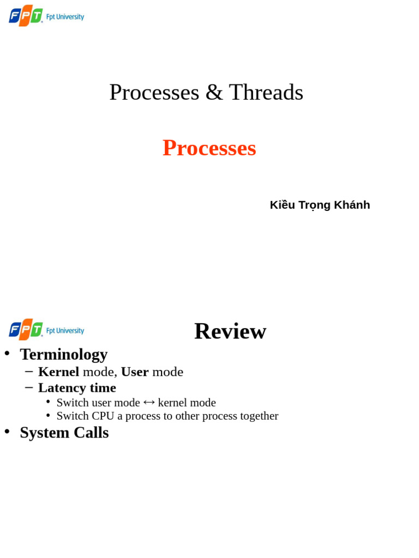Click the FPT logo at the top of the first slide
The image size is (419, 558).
click(x=26, y=16)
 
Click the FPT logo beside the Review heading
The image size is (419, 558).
click(x=26, y=330)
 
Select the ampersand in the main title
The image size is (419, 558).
click(x=214, y=93)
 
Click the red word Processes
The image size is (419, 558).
click(x=209, y=148)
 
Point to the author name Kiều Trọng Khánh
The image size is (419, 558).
click(x=320, y=205)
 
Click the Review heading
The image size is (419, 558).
click(x=230, y=331)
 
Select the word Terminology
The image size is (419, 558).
click(x=63, y=354)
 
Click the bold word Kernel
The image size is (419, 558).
click(x=58, y=372)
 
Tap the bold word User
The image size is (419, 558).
click(x=135, y=372)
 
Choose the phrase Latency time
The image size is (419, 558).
click(x=77, y=387)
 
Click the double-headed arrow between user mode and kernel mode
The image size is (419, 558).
click(x=149, y=403)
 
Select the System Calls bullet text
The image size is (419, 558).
click(x=64, y=432)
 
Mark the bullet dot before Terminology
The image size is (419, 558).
click(x=7, y=353)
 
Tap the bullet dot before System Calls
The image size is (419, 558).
click(x=7, y=431)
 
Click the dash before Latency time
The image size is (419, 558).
click(x=29, y=387)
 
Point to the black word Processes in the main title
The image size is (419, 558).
click(x=154, y=92)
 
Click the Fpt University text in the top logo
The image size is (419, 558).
click(x=65, y=17)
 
